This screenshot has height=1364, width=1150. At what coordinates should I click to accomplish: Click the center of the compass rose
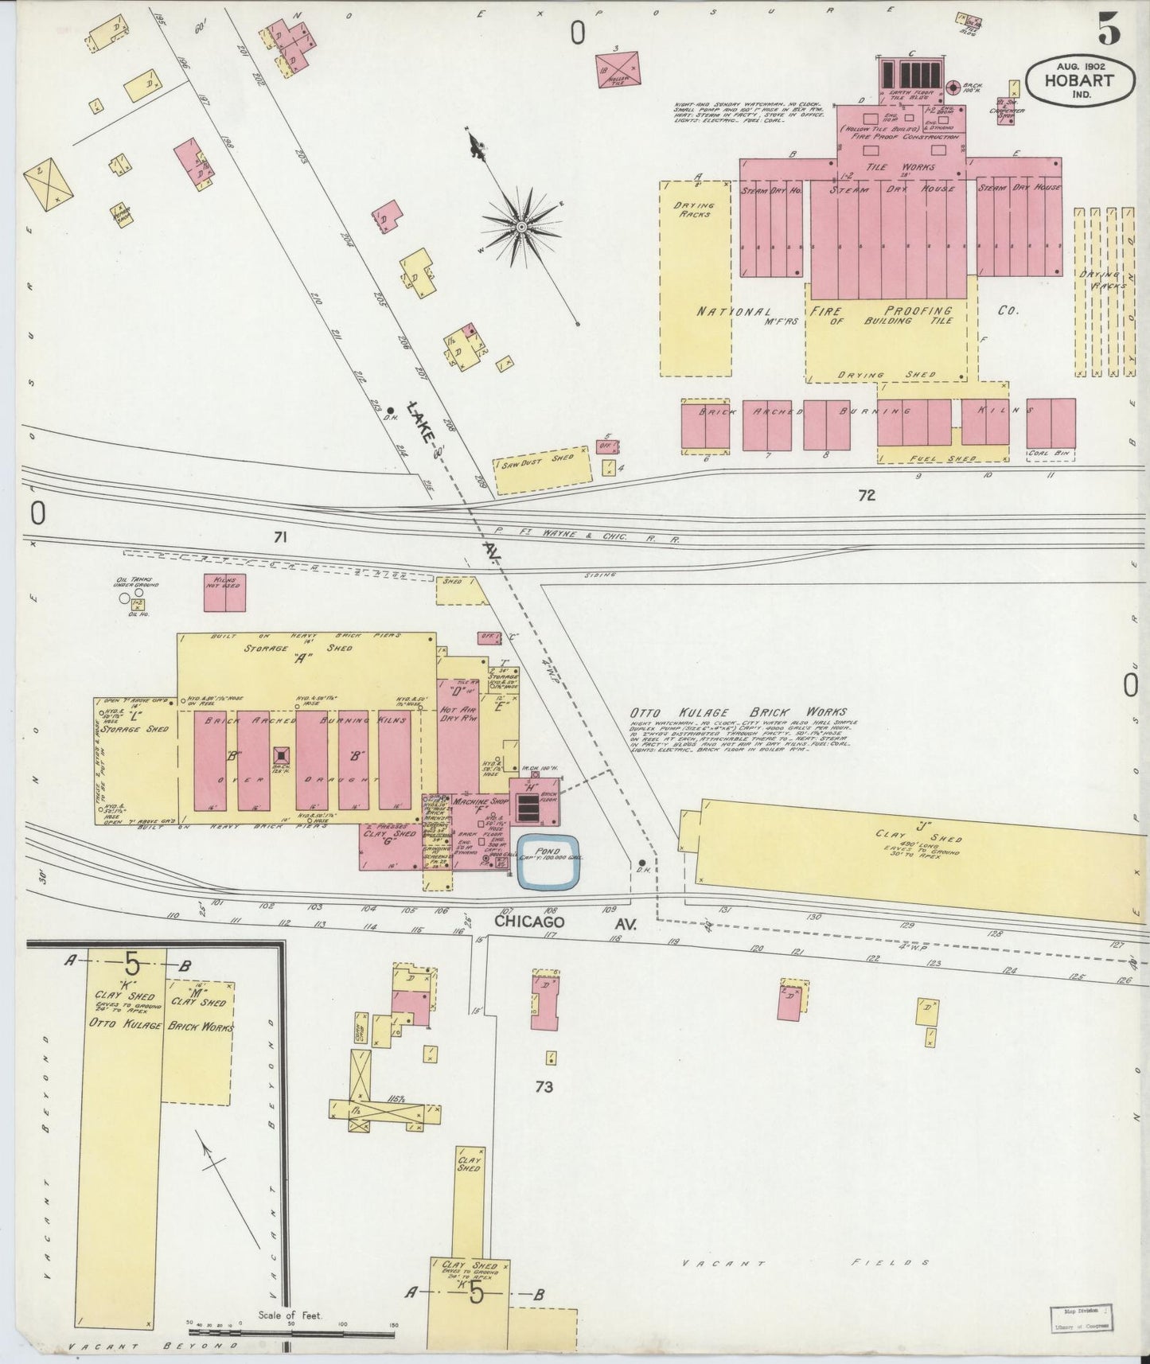521,227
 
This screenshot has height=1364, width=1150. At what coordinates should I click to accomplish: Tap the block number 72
867,495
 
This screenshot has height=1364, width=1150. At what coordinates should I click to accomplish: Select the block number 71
279,538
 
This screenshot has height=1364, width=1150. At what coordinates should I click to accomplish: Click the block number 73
544,1086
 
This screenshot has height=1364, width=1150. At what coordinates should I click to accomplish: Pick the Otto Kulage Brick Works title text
739,712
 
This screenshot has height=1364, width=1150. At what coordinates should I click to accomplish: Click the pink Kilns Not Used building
224,593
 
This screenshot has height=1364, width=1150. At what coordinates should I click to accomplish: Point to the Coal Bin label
1051,455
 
